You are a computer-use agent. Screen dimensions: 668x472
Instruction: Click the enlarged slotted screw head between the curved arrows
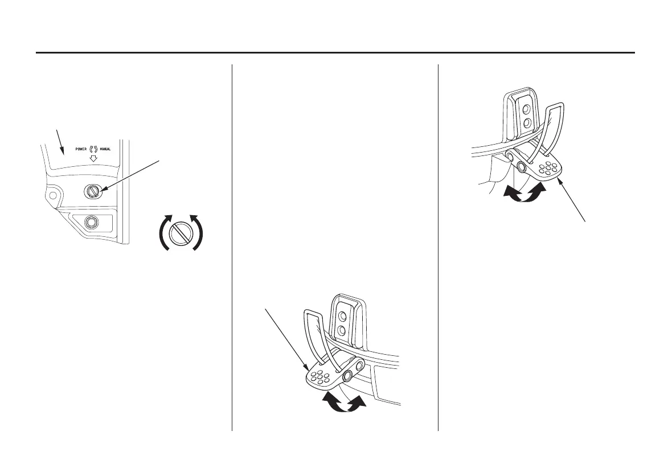click(x=180, y=233)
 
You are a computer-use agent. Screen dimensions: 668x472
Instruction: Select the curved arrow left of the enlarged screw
click(x=162, y=232)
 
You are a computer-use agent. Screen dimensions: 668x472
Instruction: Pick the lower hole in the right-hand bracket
click(x=527, y=122)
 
